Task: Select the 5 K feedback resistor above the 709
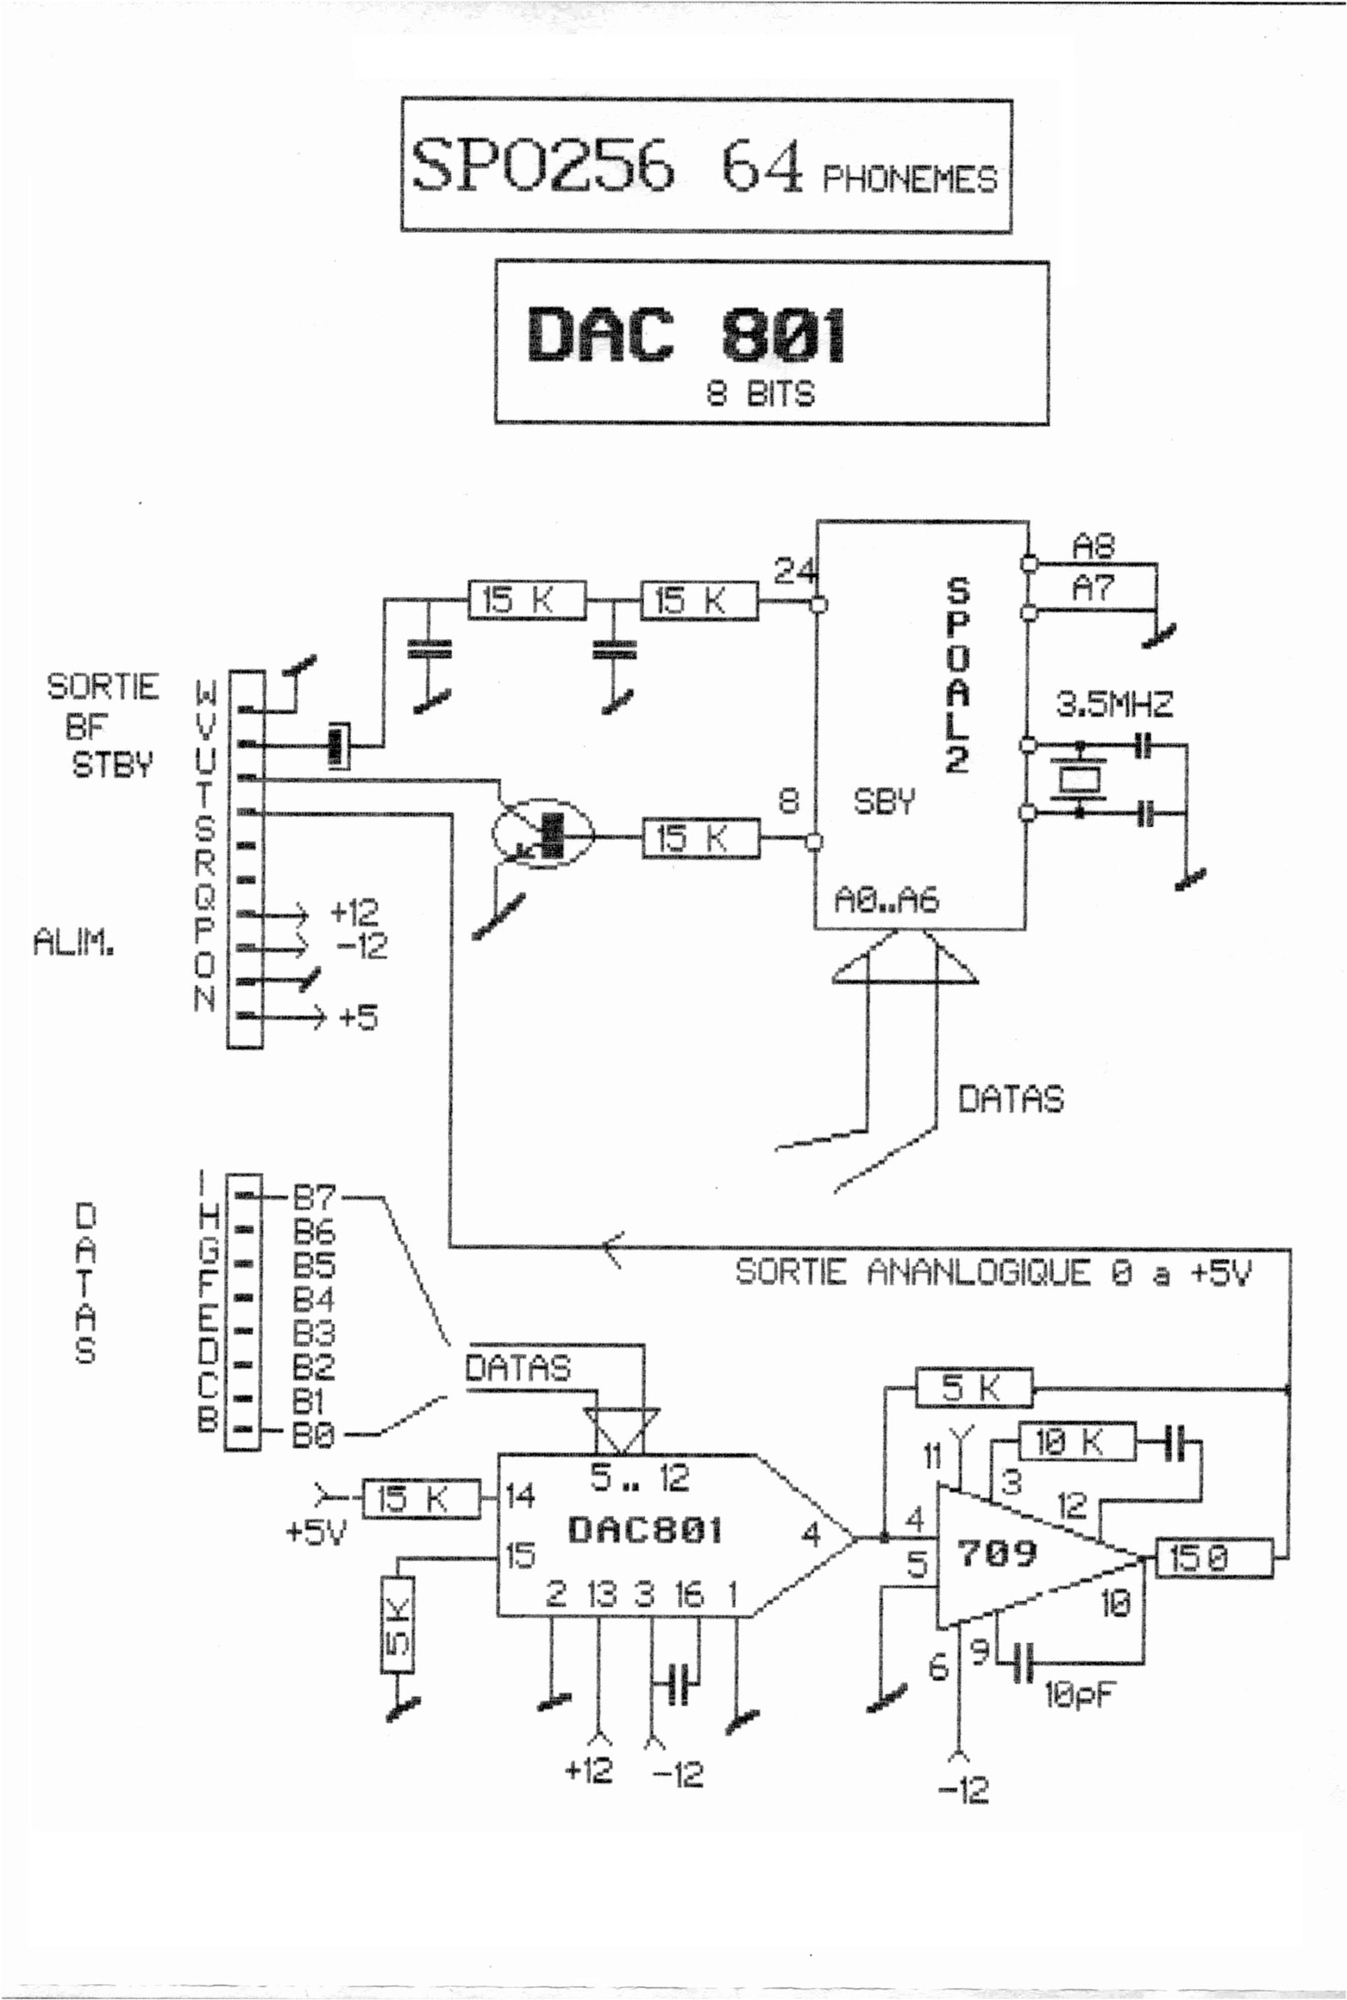pyautogui.click(x=972, y=1388)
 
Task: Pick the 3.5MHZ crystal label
pyautogui.click(x=1113, y=705)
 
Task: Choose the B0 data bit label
pyautogui.click(x=313, y=1434)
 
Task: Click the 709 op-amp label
pyautogui.click(x=997, y=1552)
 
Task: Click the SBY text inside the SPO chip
pyautogui.click(x=884, y=802)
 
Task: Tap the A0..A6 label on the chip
pyautogui.click(x=887, y=899)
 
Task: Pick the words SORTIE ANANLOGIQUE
pyautogui.click(x=912, y=1272)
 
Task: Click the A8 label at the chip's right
pyautogui.click(x=1092, y=546)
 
